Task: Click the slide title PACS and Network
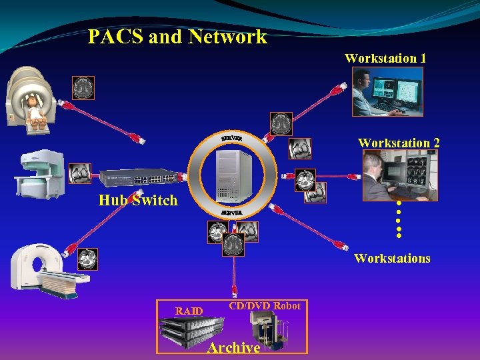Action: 177,37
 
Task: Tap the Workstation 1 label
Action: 385,58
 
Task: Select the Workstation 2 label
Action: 399,143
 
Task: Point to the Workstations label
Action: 392,258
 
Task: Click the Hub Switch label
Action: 138,200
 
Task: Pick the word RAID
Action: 189,311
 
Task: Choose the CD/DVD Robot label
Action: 265,306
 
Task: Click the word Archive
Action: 233,347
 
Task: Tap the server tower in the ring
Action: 233,175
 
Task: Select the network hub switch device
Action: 139,178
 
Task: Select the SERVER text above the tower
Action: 231,138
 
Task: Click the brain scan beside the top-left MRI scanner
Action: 83,87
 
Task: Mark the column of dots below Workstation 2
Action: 399,219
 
